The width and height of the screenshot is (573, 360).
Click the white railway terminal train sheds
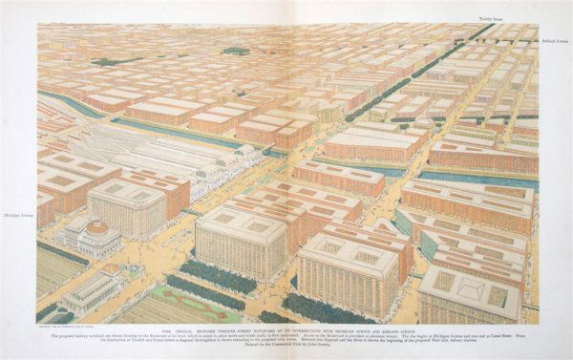(143, 158)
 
